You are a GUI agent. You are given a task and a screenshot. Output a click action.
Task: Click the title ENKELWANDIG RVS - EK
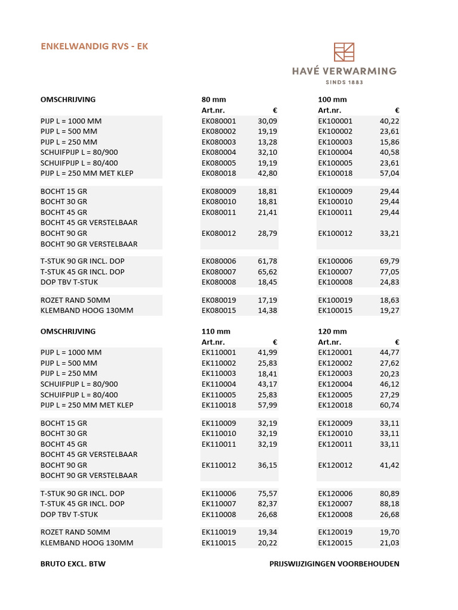click(x=94, y=46)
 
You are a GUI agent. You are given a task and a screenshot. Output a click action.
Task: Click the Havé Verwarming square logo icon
click(x=344, y=52)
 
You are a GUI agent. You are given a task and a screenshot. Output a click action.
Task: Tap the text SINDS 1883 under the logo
click(x=344, y=82)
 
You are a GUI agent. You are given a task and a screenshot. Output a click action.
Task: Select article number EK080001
click(x=219, y=121)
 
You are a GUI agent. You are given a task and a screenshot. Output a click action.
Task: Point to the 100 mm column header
click(x=332, y=99)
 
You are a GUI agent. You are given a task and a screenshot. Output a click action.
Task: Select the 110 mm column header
click(x=216, y=331)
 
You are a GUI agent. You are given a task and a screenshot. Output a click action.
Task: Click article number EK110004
click(x=219, y=384)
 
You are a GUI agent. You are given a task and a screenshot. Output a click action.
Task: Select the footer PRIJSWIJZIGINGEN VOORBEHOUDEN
click(x=334, y=564)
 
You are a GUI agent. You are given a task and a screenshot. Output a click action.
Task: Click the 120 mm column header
click(x=332, y=331)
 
